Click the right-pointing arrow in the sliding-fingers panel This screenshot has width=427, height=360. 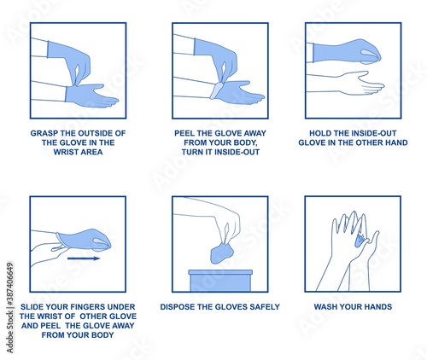coord(84,258)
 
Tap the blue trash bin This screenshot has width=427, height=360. coord(220,281)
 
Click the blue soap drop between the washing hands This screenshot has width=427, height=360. coord(360,241)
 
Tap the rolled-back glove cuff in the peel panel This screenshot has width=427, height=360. coord(217,90)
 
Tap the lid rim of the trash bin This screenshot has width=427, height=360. coord(220,272)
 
